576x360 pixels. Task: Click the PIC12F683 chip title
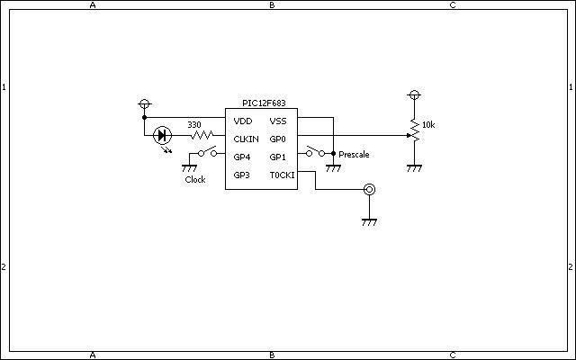pos(264,103)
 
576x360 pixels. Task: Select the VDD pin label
pos(243,121)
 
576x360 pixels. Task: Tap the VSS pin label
pos(278,121)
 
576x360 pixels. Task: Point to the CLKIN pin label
pos(246,139)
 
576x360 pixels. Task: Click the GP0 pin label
pos(277,139)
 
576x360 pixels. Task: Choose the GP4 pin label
pos(242,157)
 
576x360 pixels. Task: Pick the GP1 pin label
pos(277,157)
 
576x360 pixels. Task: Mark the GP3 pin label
pos(242,175)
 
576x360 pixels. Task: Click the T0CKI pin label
pos(282,175)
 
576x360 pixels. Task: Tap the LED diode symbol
pos(162,136)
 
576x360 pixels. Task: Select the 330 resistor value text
pos(194,125)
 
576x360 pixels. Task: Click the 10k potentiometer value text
pos(428,125)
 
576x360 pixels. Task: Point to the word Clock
pos(195,180)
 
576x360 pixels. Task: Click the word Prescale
pos(354,155)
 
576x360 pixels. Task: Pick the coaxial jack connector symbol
pos(369,190)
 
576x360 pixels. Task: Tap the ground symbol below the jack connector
pos(369,222)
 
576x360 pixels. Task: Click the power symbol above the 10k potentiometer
pos(414,95)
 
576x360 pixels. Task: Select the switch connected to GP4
pos(207,151)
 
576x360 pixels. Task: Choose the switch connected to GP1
pos(316,151)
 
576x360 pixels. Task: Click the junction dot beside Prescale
pos(333,154)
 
